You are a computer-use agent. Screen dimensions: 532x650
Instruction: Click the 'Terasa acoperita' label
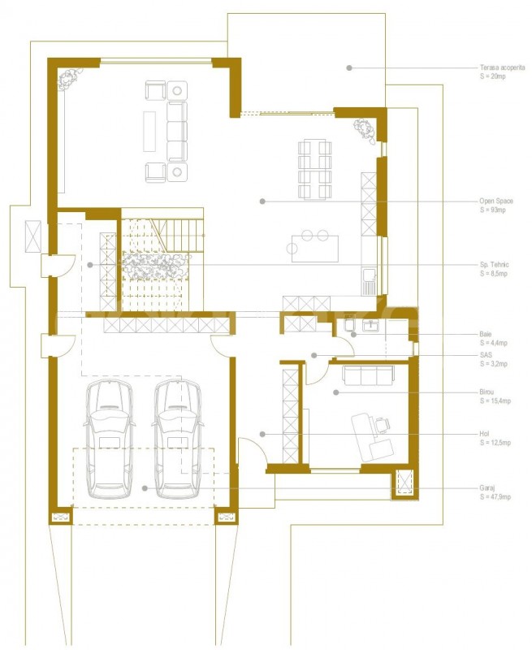pyautogui.click(x=502, y=67)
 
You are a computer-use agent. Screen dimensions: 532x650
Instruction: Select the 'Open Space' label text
pyautogui.click(x=496, y=201)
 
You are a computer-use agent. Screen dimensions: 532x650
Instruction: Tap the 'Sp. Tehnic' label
pyautogui.click(x=494, y=265)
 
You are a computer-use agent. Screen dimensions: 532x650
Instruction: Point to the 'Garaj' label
pyautogui.click(x=487, y=488)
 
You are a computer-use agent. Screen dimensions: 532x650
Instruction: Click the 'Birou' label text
pyautogui.click(x=487, y=392)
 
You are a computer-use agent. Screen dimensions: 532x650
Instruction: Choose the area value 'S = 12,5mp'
pyautogui.click(x=495, y=443)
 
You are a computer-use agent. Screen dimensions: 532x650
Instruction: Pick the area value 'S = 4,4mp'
pyautogui.click(x=494, y=343)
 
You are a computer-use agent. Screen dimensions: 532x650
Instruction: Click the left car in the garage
pyautogui.click(x=109, y=440)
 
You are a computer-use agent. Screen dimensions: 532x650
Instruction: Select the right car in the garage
pyautogui.click(x=178, y=440)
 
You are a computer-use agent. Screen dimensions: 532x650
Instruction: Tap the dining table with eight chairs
pyautogui.click(x=315, y=170)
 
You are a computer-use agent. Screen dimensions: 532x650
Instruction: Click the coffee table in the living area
pyautogui.click(x=149, y=132)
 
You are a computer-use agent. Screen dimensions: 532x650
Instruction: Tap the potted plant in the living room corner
pyautogui.click(x=69, y=79)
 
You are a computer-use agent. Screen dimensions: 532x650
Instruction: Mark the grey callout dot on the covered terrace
pyautogui.click(x=349, y=67)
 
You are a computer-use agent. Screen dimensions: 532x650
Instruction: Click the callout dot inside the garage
pyautogui.click(x=145, y=488)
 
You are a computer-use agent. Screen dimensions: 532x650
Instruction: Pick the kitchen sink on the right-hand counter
pyautogui.click(x=369, y=275)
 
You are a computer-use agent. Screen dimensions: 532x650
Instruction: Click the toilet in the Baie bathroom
pyautogui.click(x=349, y=323)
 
